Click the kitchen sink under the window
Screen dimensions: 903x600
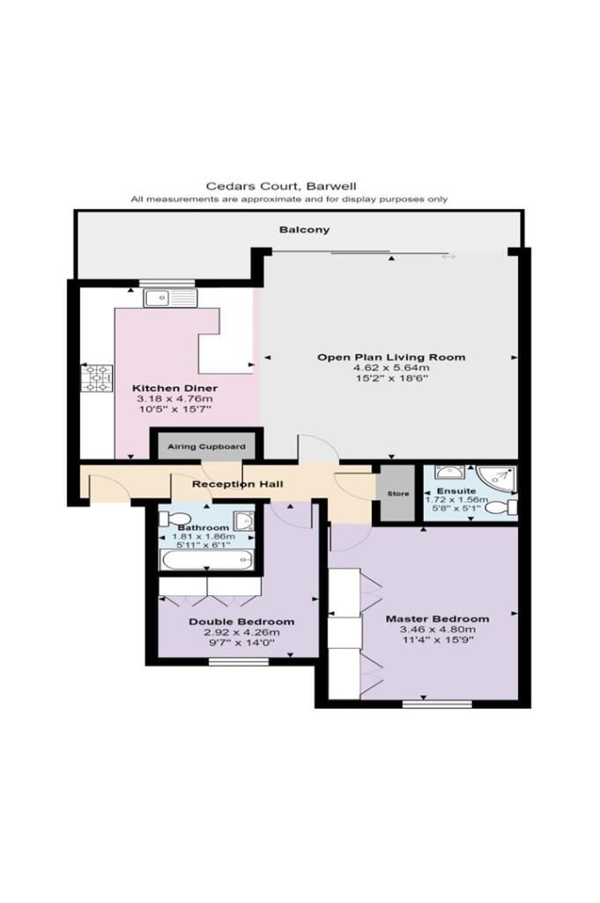(x=169, y=298)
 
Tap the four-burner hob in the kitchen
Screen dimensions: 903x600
(x=96, y=377)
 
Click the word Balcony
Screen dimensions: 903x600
(x=305, y=230)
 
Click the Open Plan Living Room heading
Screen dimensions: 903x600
(x=391, y=357)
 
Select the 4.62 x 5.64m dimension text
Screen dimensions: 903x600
(x=391, y=368)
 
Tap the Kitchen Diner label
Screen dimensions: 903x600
(x=174, y=388)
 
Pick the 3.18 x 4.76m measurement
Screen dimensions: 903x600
(x=174, y=399)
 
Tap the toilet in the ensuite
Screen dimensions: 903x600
(x=499, y=507)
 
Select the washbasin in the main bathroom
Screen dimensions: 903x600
(x=245, y=520)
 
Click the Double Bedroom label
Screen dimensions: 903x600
(x=241, y=622)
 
